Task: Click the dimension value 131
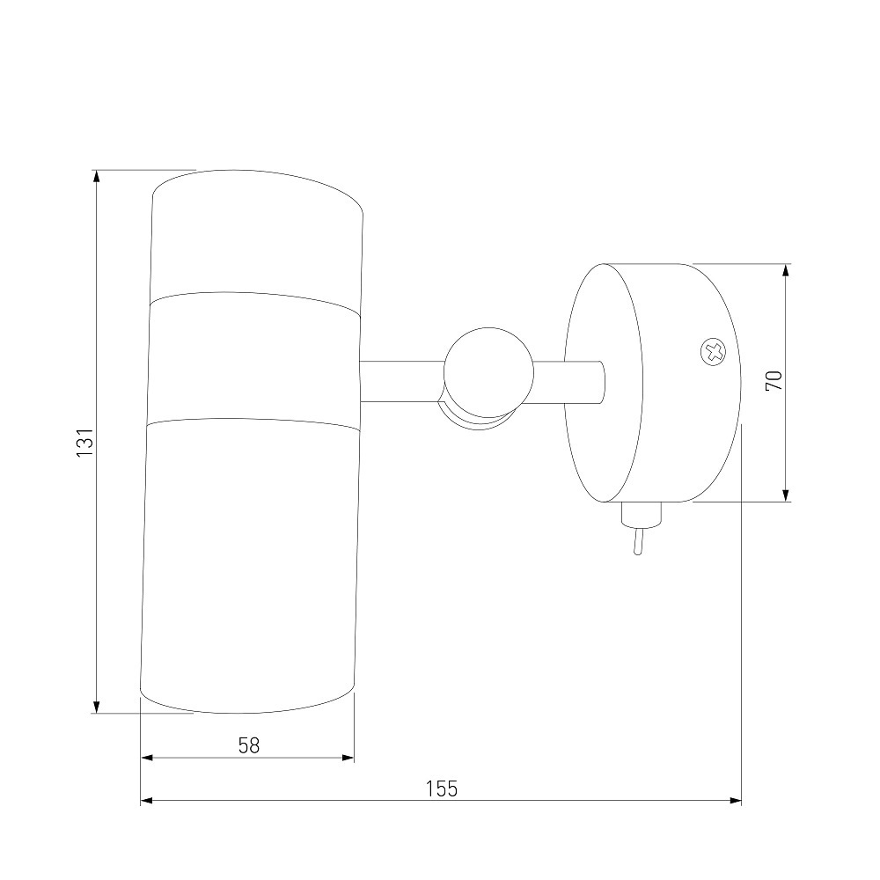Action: pos(84,442)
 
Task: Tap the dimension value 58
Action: pos(249,746)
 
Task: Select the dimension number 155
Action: pos(442,788)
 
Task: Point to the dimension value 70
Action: pos(774,382)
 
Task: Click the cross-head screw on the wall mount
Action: pos(713,353)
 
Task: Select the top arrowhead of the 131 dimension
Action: pos(97,176)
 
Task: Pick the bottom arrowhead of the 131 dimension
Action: pos(97,707)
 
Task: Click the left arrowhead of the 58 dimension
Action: pos(146,758)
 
